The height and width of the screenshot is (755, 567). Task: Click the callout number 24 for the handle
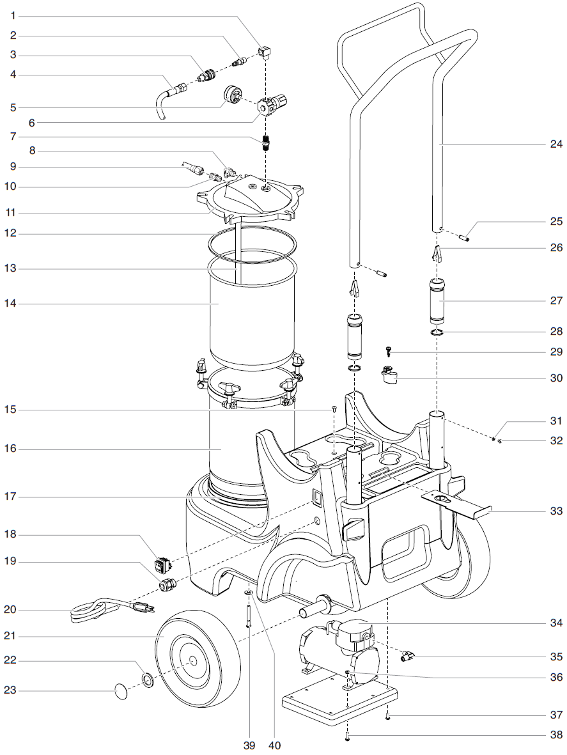click(x=555, y=144)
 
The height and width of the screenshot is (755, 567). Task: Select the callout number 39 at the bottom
click(x=249, y=745)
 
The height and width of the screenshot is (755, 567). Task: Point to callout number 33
click(x=555, y=511)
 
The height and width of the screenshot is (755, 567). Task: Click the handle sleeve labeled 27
click(x=438, y=301)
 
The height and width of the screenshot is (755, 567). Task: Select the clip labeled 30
click(x=389, y=376)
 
